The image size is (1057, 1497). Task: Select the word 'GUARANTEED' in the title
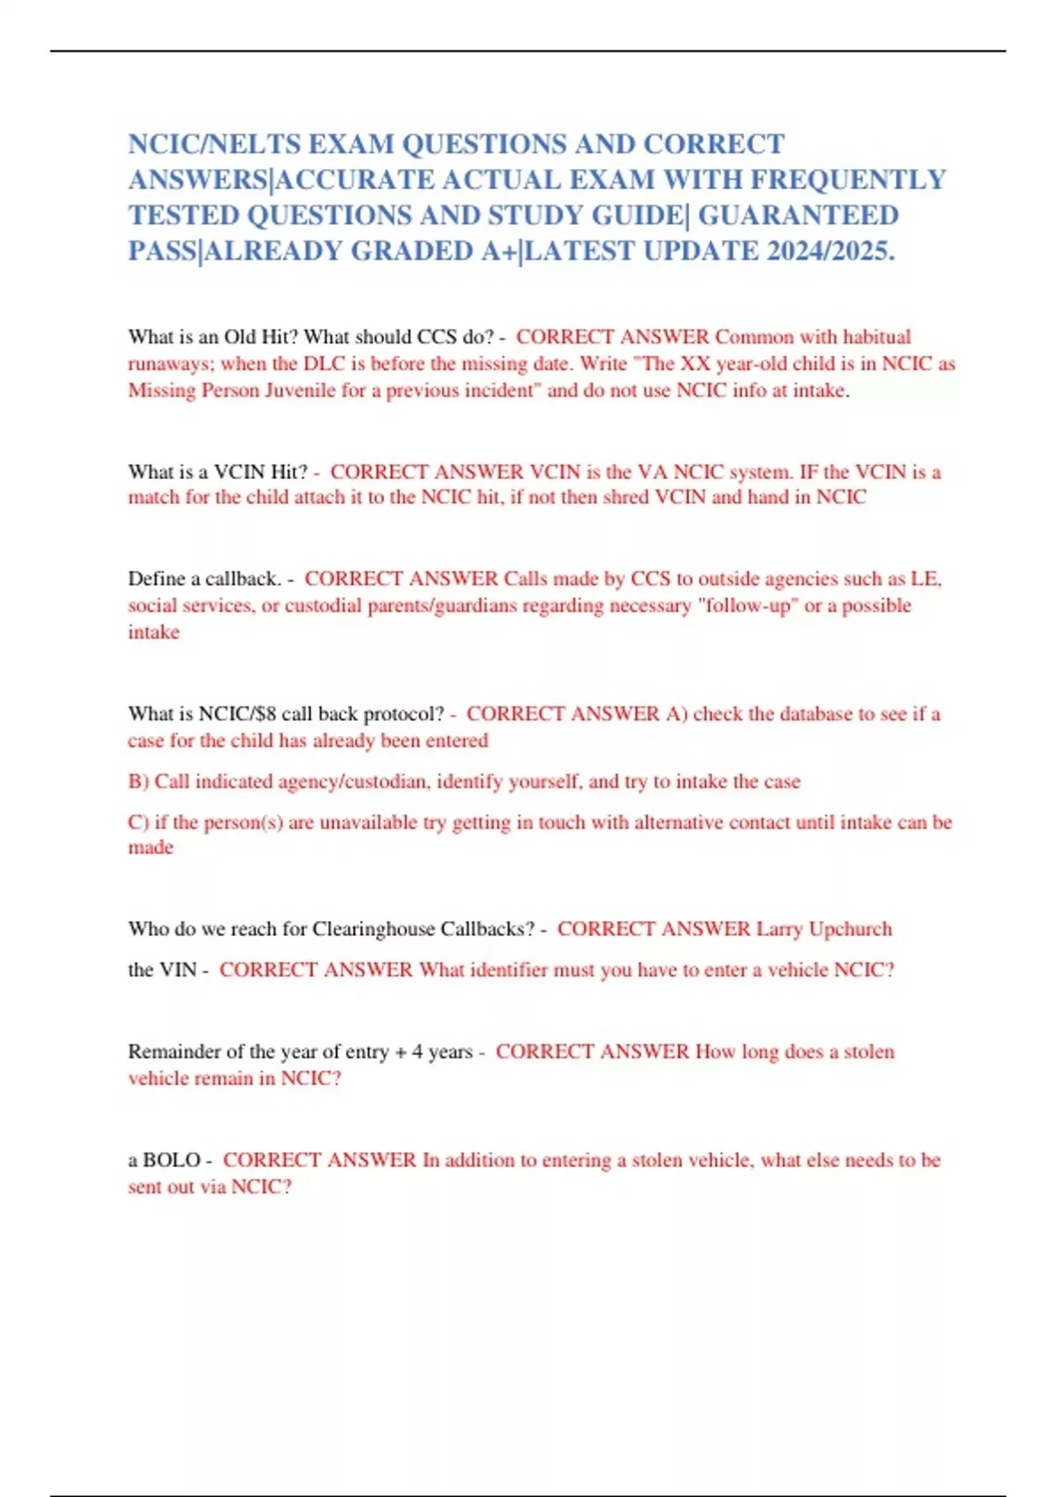point(798,216)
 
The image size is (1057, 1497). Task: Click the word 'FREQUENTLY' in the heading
point(847,181)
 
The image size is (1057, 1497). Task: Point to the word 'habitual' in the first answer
point(876,337)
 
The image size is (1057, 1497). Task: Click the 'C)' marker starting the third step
point(138,822)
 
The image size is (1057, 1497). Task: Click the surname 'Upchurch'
point(850,930)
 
